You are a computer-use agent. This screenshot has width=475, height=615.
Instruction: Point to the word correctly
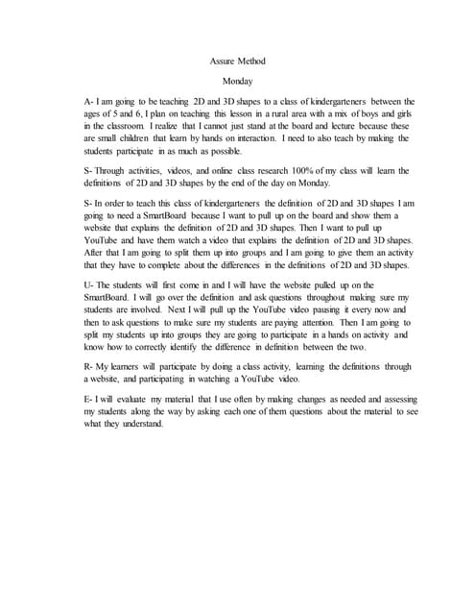point(136,348)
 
